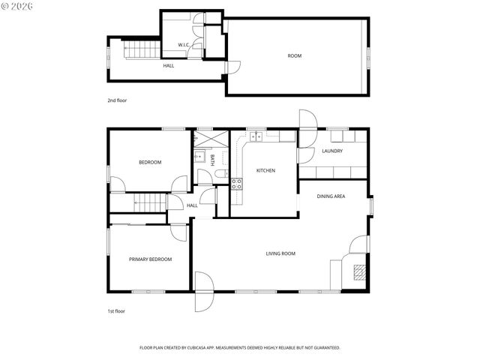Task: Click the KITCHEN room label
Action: tap(265, 171)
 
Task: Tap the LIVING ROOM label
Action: tap(280, 253)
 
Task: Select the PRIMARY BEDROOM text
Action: tap(150, 259)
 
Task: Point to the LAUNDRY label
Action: tap(332, 151)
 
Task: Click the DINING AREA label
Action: tap(331, 196)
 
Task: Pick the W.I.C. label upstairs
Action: tap(184, 45)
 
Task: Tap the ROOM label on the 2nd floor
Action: tap(295, 55)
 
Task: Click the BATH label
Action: tap(212, 159)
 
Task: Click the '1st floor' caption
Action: tap(115, 310)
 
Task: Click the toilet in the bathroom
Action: tap(220, 174)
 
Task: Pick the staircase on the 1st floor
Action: tap(138, 202)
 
